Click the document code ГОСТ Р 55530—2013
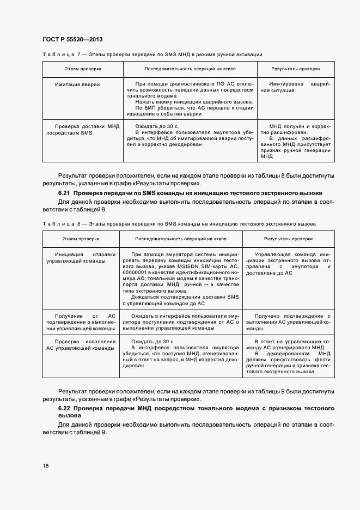click(72, 40)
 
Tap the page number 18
click(45, 465)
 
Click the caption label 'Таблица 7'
click(61, 54)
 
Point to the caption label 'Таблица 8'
click(61, 224)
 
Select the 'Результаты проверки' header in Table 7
click(296, 70)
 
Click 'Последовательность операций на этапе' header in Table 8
click(181, 239)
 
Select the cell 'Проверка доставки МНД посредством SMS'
click(83, 129)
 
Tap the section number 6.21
click(64, 193)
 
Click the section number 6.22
click(64, 409)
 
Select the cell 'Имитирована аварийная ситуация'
click(295, 88)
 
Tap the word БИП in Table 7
click(147, 108)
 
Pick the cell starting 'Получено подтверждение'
click(295, 322)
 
